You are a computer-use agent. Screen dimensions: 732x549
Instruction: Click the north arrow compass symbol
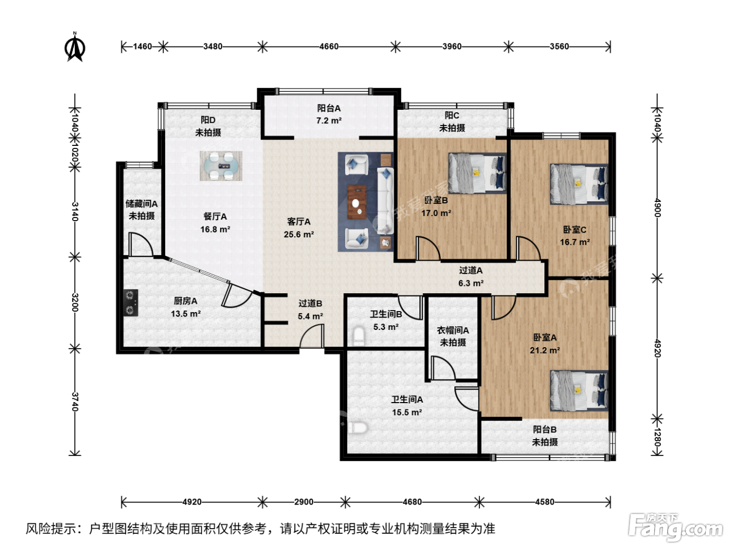pos(75,48)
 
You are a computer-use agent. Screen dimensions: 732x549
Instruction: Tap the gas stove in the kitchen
pos(131,303)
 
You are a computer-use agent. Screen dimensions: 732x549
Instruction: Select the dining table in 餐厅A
pos(221,166)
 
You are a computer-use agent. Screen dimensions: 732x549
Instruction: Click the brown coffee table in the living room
pos(357,202)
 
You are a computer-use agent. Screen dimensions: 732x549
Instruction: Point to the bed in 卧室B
pos(477,174)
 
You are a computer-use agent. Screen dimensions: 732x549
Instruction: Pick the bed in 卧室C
pos(579,184)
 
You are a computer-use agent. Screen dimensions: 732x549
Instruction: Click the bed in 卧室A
pos(579,391)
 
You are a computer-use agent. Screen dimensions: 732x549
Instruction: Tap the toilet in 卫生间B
pos(359,336)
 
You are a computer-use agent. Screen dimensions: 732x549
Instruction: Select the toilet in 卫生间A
pos(358,428)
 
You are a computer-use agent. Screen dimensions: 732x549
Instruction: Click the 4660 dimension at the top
pos(329,47)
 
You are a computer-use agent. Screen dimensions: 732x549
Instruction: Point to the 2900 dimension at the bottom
pos(303,502)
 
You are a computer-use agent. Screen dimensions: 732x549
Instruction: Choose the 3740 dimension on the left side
pos(75,402)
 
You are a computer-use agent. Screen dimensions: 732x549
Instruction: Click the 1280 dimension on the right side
pos(657,437)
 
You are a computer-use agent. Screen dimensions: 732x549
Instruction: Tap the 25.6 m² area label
pos(299,235)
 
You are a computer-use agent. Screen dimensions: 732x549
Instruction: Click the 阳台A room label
pos(329,108)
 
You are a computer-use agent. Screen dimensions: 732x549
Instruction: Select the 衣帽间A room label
pos(453,330)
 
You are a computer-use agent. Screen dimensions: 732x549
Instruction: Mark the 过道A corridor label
pos(471,270)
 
